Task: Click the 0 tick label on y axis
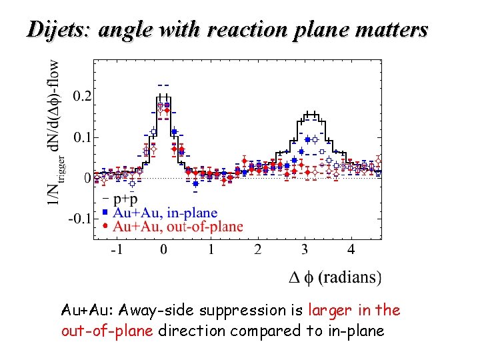[x=87, y=179]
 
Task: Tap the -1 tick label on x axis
[x=116, y=250]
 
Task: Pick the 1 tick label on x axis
[x=211, y=250]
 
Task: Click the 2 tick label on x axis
[x=257, y=250]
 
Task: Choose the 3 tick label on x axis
[x=304, y=250]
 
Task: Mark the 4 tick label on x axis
[x=351, y=250]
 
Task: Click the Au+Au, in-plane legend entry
[x=165, y=213]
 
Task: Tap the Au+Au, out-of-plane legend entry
[x=178, y=227]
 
